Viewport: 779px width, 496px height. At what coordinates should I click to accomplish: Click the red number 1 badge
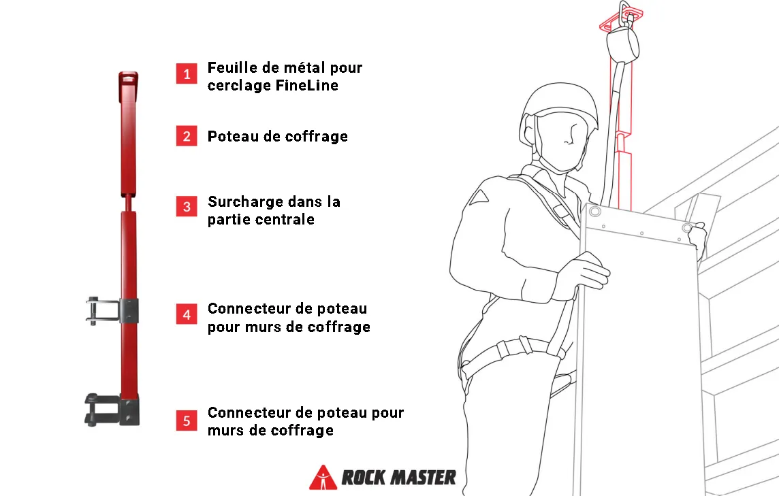[x=187, y=73]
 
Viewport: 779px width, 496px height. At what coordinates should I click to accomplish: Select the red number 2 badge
[x=187, y=135]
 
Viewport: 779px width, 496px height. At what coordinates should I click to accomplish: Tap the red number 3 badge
[x=187, y=206]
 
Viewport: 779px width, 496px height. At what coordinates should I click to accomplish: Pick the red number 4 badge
[x=187, y=314]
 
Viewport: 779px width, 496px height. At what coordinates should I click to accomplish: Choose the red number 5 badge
[x=187, y=420]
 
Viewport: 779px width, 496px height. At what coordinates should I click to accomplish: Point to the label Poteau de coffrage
[x=277, y=137]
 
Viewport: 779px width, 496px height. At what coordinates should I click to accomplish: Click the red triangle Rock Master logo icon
[x=323, y=478]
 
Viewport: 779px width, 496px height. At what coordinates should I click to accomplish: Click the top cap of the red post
[x=128, y=80]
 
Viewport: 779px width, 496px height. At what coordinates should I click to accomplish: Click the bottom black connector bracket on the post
[x=112, y=410]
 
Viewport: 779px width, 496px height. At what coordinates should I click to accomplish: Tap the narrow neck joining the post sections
[x=128, y=203]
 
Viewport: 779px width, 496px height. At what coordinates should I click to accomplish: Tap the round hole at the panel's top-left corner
[x=594, y=212]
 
